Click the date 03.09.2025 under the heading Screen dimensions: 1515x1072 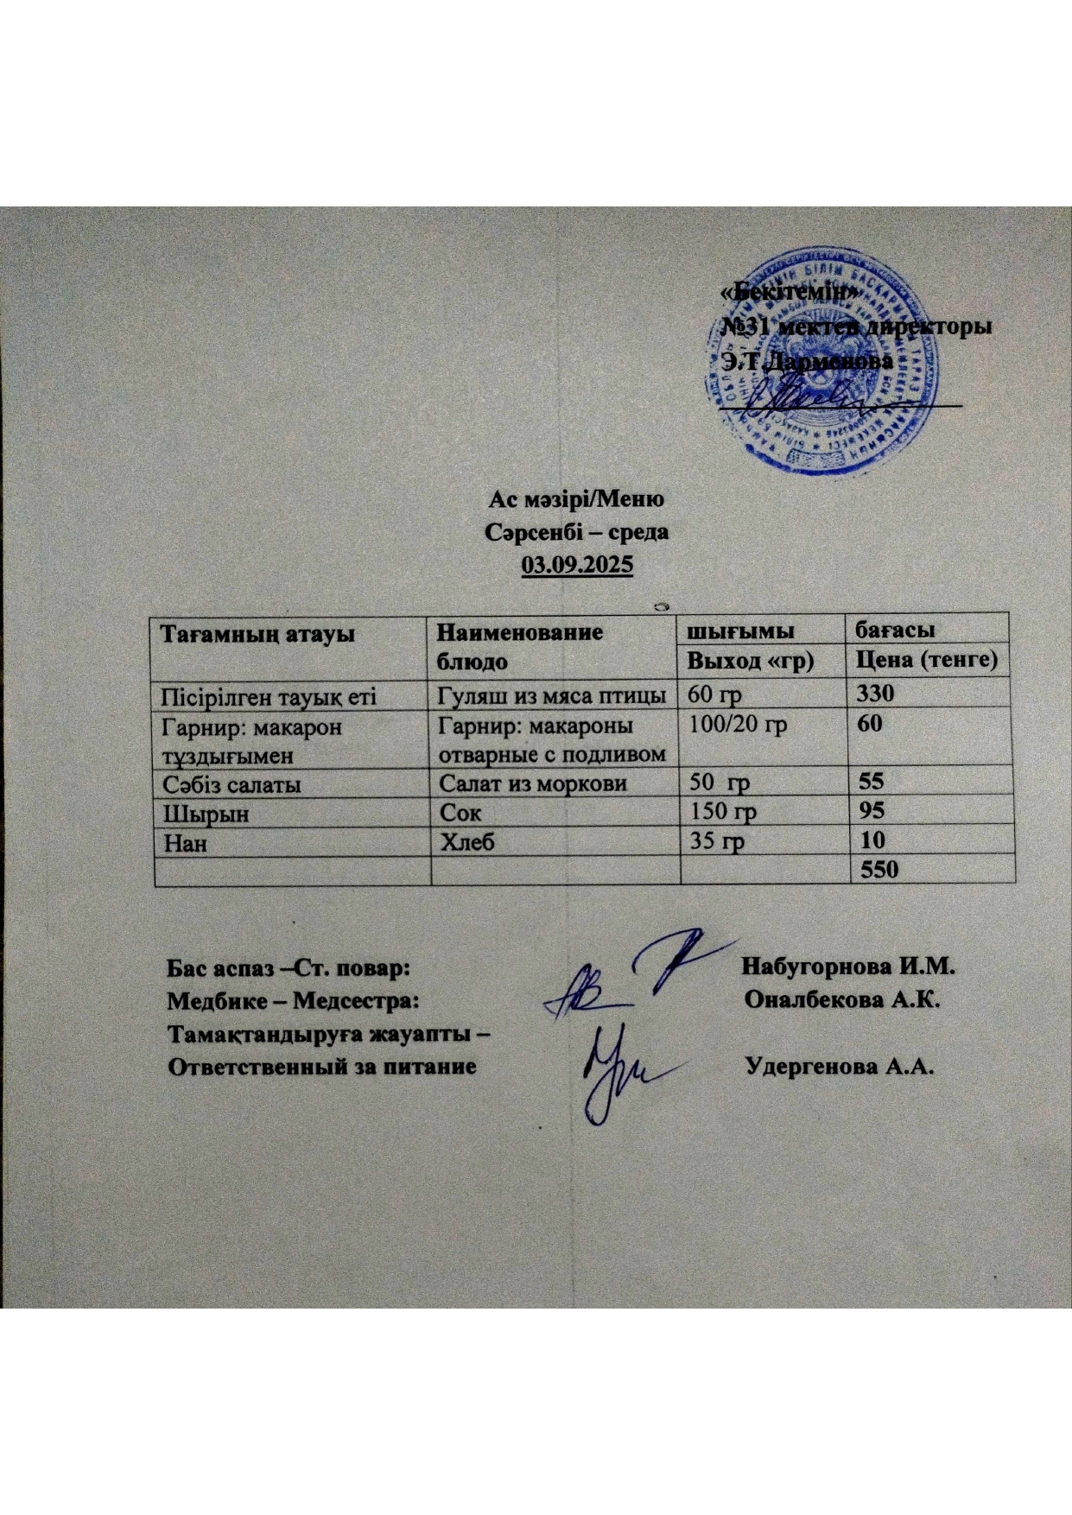pos(576,566)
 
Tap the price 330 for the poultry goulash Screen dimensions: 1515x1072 pos(875,694)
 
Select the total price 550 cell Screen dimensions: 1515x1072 pos(879,870)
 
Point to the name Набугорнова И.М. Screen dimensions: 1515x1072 pos(852,967)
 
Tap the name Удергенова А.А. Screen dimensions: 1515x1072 pos(840,1066)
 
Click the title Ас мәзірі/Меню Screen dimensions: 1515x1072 pos(576,500)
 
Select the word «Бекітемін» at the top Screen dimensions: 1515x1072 pos(788,294)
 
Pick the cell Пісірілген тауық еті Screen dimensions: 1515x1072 pos(264,694)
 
